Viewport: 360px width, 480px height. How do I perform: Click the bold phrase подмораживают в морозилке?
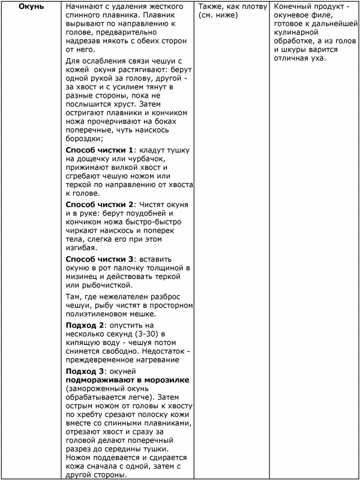pyautogui.click(x=128, y=380)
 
